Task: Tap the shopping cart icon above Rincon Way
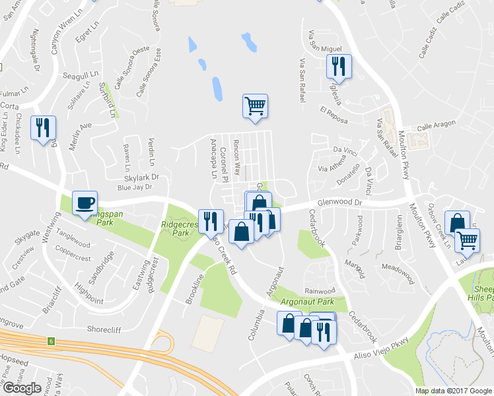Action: (255, 106)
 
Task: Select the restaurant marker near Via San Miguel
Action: (339, 66)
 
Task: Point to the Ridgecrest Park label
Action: (180, 229)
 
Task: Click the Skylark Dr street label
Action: (142, 177)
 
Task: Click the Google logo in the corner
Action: (22, 387)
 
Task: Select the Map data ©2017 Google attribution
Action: (453, 391)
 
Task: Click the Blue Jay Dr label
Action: (134, 187)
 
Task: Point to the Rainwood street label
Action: (320, 290)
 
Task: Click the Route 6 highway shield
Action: (50, 341)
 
